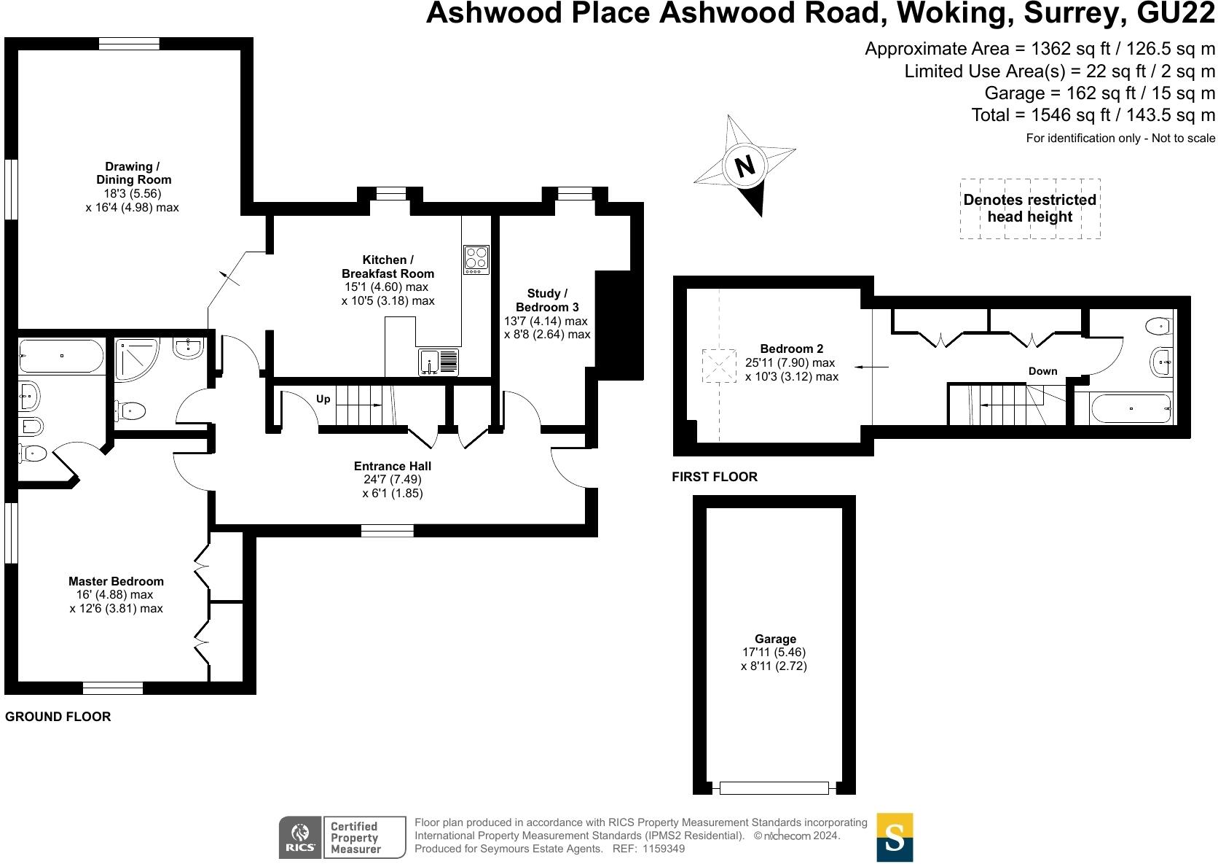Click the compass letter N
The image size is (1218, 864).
tap(744, 167)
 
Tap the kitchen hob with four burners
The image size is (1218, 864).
tap(476, 259)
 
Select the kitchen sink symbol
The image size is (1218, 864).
tap(439, 362)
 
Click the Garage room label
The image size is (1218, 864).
tap(775, 639)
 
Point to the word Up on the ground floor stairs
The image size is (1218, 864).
tap(323, 399)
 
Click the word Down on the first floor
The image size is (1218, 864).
tap(1042, 371)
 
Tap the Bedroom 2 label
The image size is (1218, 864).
tap(791, 349)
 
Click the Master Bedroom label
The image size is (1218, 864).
tap(116, 581)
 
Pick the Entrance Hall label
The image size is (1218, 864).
tap(392, 466)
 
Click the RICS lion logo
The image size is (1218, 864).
tap(299, 837)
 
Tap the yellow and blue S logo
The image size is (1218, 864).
tap(895, 837)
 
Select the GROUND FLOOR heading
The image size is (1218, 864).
tap(58, 717)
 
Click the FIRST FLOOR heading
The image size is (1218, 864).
tap(715, 477)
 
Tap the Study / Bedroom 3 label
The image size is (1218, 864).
tap(547, 300)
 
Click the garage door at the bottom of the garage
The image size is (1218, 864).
tap(774, 788)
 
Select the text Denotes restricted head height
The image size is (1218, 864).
tap(1029, 208)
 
